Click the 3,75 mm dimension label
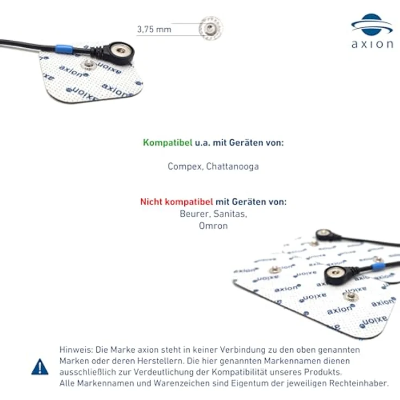[x=154, y=29]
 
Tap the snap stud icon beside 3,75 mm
[x=211, y=28]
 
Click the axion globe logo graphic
[x=372, y=24]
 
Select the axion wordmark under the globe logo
[x=372, y=44]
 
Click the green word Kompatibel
[x=167, y=142]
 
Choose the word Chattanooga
[x=233, y=166]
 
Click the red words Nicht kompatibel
[x=177, y=202]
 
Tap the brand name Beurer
[x=195, y=214]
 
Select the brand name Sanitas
[x=230, y=214]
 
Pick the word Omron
[x=213, y=226]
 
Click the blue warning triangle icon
[x=40, y=367]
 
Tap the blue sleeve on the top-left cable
[x=64, y=48]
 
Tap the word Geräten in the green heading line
[x=246, y=142]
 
